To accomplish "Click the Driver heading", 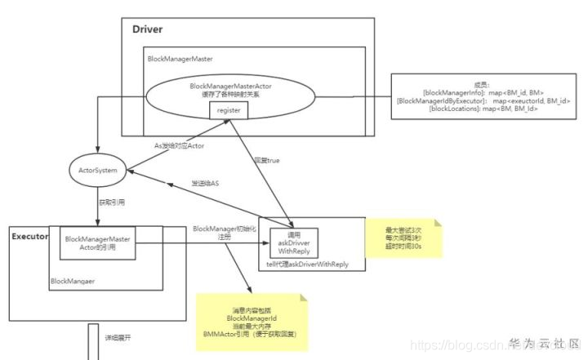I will pyautogui.click(x=148, y=29).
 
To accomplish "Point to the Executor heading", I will pyautogui.click(x=30, y=237).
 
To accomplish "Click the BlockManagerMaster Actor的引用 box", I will pyautogui.click(x=99, y=242).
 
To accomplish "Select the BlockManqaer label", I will pyautogui.click(x=73, y=280).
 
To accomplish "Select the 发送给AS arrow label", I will pyautogui.click(x=206, y=183).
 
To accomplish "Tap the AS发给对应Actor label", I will pyautogui.click(x=179, y=145).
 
